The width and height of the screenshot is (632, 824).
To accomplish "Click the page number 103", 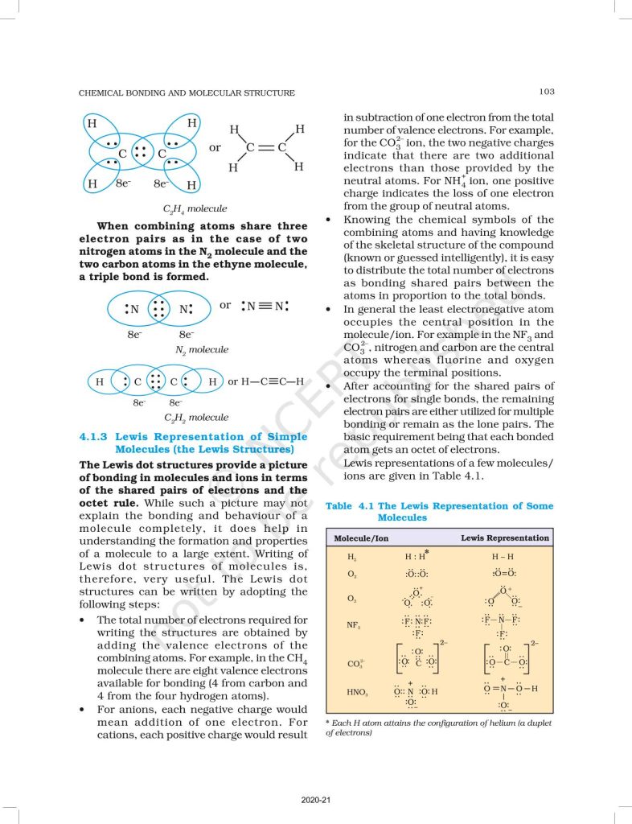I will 546,93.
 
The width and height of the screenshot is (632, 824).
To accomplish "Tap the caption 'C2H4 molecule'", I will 194,208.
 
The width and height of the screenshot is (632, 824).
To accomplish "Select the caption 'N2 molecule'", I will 201,350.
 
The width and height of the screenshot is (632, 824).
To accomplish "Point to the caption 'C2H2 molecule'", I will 195,418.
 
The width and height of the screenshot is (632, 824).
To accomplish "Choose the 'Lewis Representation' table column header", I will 505,538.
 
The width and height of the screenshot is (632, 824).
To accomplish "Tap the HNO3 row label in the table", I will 357,691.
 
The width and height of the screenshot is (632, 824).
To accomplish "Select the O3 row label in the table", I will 352,598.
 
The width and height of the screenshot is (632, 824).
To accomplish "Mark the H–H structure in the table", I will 504,556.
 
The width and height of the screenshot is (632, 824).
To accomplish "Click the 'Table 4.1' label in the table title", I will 350,506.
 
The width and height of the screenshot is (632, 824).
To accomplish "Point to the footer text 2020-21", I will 316,800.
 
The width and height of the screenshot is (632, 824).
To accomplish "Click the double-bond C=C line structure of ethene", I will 266,148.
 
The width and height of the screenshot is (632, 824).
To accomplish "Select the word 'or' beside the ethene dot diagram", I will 215,148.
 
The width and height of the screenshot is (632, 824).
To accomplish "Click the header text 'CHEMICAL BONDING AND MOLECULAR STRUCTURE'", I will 187,93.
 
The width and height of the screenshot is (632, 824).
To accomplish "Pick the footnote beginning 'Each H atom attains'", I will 438,727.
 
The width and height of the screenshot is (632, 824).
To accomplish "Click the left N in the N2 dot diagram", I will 134,309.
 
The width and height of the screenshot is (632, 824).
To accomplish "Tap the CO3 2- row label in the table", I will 354,664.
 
